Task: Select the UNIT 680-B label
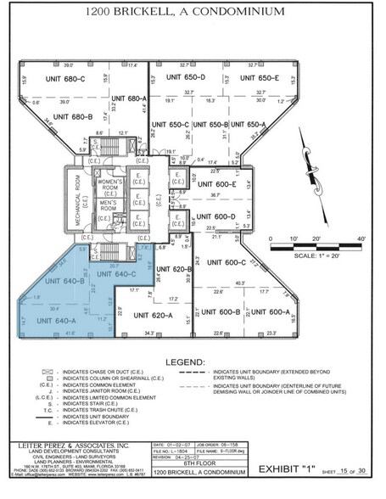point(74,117)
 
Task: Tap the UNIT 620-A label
point(153,315)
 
